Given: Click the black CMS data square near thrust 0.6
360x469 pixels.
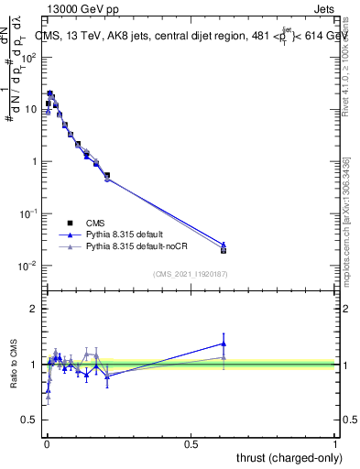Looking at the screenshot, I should pos(224,250).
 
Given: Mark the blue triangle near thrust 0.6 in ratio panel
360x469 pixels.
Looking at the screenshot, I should pos(224,344).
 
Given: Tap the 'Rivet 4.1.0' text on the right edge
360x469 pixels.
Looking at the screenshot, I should pos(347,64).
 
